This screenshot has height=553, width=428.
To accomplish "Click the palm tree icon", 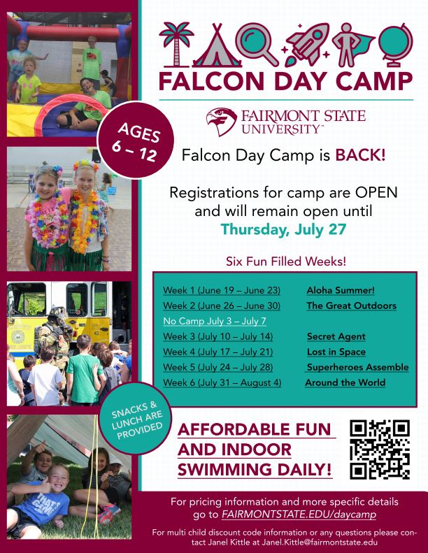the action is click(176, 45).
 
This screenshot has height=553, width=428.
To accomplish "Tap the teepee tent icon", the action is click(217, 46).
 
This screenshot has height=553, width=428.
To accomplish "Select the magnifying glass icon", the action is click(256, 44).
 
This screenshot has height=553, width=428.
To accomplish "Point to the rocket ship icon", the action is click(306, 45).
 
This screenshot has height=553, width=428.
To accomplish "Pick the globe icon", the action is click(396, 45).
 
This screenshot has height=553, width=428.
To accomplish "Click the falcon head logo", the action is click(221, 122).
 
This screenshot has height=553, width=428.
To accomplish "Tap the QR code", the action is click(380, 450).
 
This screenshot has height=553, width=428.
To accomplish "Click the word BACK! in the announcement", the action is click(360, 155).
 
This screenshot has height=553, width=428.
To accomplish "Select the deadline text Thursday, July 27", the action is click(283, 229).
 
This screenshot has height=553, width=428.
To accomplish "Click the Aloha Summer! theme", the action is click(341, 290).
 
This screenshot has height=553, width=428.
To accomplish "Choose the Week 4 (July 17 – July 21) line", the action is click(217, 352).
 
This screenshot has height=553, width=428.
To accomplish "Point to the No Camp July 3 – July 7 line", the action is click(215, 321).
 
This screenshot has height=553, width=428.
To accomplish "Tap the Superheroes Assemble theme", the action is click(357, 367).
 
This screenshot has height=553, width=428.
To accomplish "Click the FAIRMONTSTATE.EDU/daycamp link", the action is click(299, 515).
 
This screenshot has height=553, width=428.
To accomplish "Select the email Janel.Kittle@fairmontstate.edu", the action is click(320, 542).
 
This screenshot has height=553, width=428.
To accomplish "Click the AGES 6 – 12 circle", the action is click(136, 140).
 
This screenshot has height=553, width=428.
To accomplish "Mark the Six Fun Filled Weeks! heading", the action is click(286, 261).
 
